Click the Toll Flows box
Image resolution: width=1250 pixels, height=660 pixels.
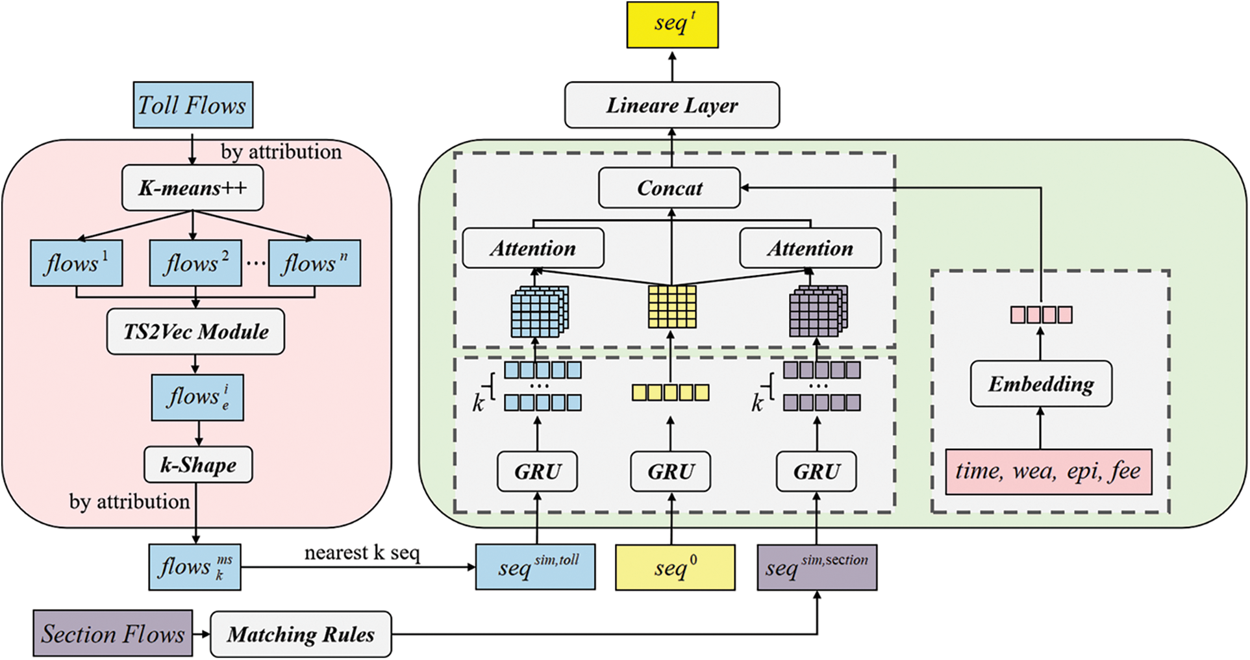point(193,105)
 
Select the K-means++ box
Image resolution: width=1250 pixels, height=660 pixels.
point(193,188)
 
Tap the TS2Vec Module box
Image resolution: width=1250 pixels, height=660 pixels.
point(195,331)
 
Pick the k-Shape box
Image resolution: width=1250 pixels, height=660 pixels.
point(198,464)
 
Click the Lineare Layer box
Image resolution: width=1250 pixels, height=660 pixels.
point(672,105)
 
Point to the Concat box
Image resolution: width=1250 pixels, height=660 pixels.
point(669,188)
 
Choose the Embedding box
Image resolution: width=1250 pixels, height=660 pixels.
point(1041,383)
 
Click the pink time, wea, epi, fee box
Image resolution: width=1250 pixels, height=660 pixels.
point(1049,472)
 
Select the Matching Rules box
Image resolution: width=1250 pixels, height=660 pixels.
point(301,634)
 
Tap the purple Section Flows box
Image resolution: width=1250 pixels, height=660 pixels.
point(113,633)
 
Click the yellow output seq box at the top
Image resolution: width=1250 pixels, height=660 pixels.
point(673,24)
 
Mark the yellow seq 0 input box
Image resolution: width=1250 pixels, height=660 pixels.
point(675,567)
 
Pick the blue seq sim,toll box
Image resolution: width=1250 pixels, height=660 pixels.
point(536,567)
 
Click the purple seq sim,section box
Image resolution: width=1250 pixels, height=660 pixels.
point(817,567)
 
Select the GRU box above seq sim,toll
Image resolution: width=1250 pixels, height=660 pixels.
point(537,472)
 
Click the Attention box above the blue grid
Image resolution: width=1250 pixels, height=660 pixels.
point(533,248)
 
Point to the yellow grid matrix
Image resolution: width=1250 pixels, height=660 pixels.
point(672,307)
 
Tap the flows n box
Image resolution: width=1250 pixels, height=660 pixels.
point(314,263)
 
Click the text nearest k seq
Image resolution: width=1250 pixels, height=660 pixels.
point(362,553)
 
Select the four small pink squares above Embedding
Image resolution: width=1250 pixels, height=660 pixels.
point(1041,315)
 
